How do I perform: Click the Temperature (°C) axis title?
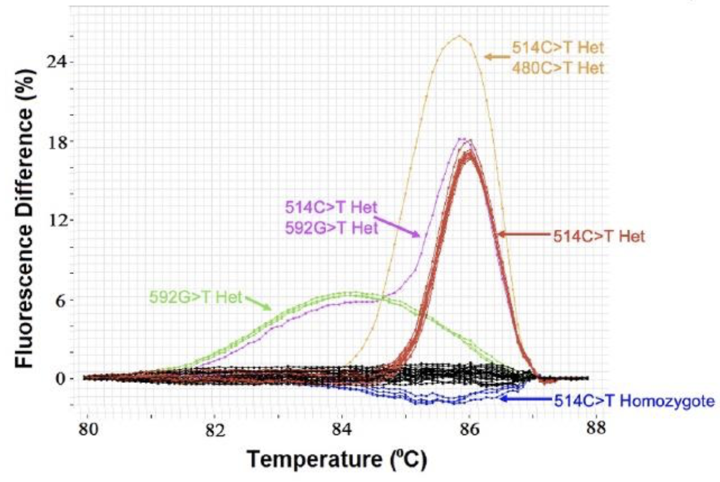tap(337, 460)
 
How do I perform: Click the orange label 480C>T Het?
tap(558, 69)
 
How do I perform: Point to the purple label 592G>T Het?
tap(331, 226)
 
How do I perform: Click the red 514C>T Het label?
tap(599, 236)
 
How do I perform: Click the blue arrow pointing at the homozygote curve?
tap(525, 399)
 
